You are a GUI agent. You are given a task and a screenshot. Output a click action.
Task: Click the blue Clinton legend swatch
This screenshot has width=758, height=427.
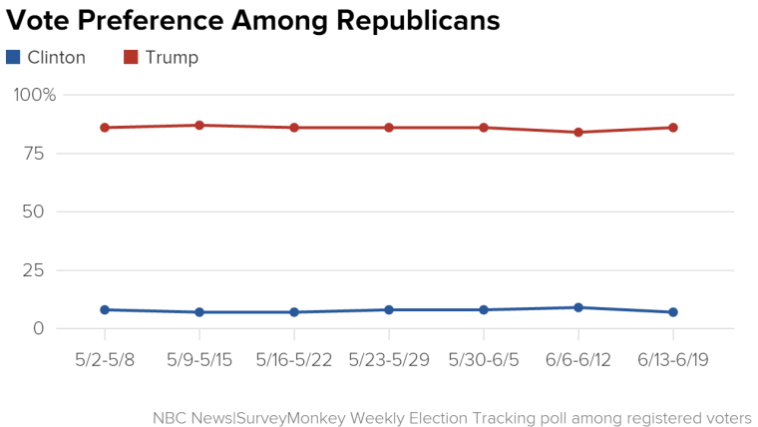tap(13, 57)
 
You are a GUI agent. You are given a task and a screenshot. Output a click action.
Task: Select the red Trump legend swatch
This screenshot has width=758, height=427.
tap(131, 57)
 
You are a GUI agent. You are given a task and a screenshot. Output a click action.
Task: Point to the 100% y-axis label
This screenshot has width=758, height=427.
tap(35, 95)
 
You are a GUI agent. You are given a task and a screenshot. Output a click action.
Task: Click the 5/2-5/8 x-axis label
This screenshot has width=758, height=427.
tap(105, 359)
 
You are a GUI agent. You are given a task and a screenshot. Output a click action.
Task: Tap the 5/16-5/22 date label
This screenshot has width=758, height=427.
tap(294, 359)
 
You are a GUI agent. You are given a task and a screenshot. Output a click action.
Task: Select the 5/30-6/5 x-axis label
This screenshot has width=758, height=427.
tap(484, 359)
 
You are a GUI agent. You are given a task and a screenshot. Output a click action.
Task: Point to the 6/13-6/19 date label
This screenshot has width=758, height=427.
tap(673, 359)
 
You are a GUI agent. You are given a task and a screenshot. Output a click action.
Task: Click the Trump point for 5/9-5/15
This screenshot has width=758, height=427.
tap(199, 125)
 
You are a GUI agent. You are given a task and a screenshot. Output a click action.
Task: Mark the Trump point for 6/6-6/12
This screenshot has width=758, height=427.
tap(578, 132)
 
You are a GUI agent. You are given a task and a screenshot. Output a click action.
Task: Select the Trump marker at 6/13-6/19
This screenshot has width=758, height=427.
tap(673, 128)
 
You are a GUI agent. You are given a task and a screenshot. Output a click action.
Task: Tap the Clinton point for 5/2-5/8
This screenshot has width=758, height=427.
tap(105, 309)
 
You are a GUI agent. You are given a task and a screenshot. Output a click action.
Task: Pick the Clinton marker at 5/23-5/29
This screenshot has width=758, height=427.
tap(389, 309)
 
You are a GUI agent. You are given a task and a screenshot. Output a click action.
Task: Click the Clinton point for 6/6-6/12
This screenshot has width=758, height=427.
tap(578, 307)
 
